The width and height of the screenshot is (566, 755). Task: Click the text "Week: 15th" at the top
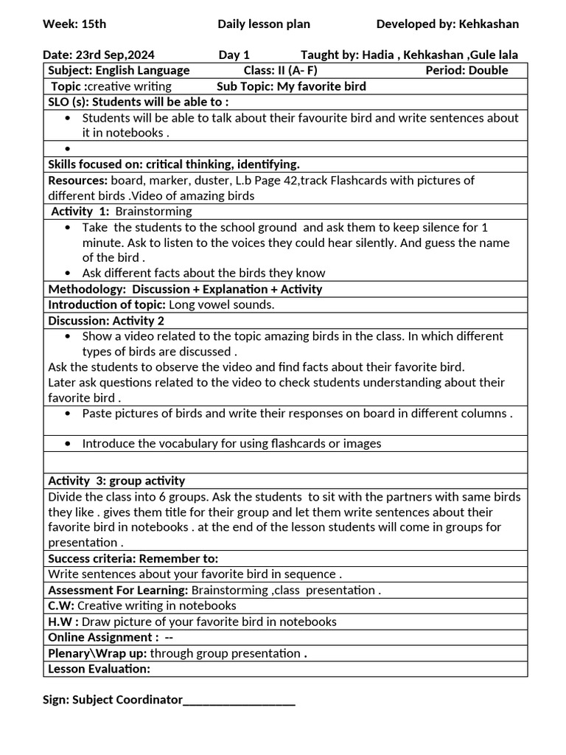point(74,24)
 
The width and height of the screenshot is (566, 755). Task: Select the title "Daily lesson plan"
point(263,24)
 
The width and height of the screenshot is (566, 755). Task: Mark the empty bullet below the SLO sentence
point(68,149)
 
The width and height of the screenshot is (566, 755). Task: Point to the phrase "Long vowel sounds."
point(222,305)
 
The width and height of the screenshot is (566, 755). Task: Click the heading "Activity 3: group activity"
point(116,481)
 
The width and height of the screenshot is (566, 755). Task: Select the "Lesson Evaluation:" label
point(99,669)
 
